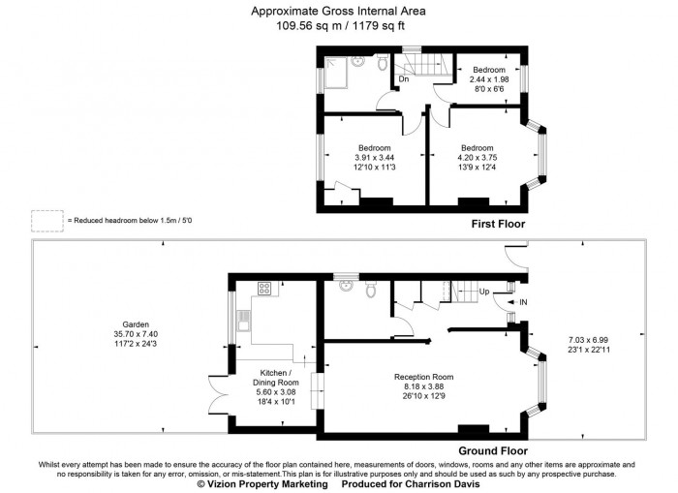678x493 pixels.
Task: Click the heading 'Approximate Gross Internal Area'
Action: point(338,12)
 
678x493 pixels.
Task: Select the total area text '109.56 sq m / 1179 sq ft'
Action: point(338,26)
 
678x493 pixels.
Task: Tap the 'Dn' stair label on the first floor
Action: point(403,80)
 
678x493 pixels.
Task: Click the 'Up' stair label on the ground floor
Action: point(484,291)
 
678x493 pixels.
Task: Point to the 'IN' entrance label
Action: point(523,303)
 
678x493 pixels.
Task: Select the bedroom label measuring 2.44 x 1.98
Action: point(488,71)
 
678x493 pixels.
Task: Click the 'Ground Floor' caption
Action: point(493,451)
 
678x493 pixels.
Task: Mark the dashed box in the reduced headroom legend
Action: point(46,221)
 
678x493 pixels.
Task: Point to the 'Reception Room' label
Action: point(423,377)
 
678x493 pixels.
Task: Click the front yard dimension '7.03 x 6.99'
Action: point(588,340)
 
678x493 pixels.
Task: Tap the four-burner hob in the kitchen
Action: point(264,289)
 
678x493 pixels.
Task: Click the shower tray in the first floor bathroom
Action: point(337,70)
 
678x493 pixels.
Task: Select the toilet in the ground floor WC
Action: point(370,290)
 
